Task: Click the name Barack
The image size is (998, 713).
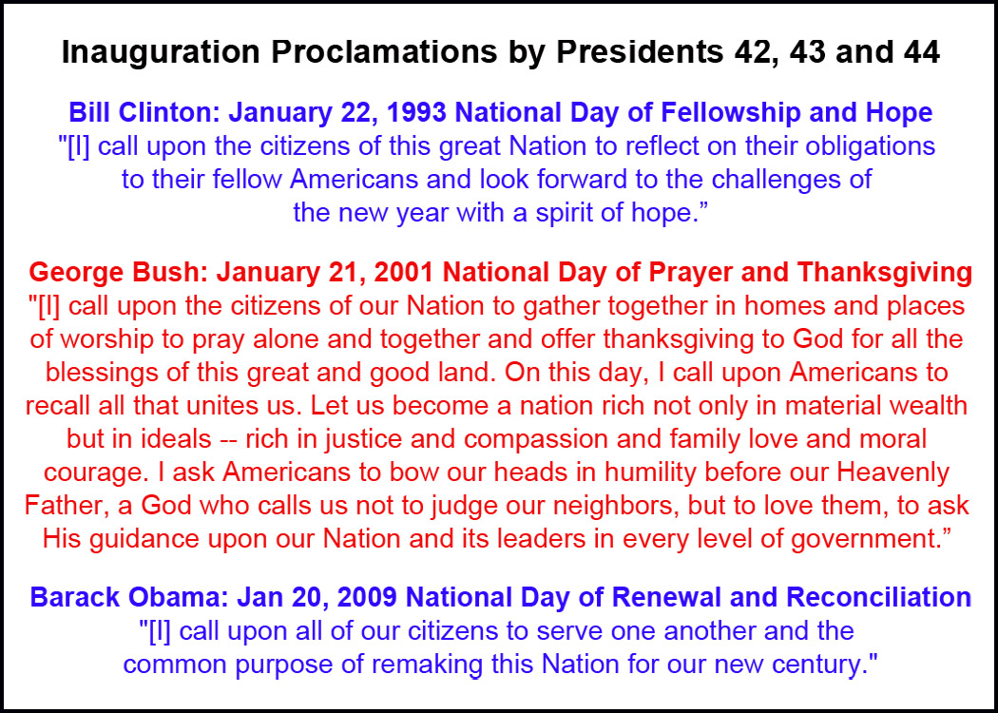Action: [76, 598]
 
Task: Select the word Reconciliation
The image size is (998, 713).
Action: [878, 598]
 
